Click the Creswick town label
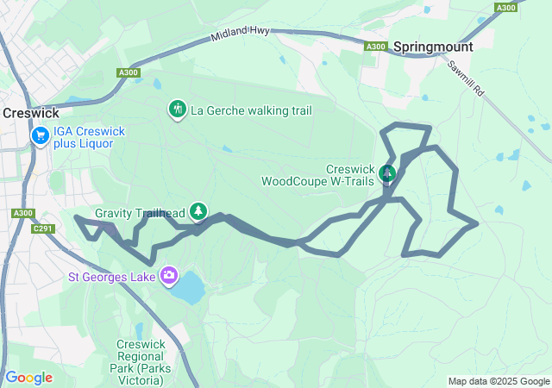coord(31,112)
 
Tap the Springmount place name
coord(435,47)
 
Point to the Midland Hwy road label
coord(241,34)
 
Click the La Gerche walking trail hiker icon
coord(177,110)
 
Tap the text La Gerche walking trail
coord(250,110)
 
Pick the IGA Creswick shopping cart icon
coord(40,136)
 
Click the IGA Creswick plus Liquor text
coord(89,137)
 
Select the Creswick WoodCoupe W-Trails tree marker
coord(387,175)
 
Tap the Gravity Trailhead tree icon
coord(199,210)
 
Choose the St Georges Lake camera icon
coord(169,276)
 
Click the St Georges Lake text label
coord(112,277)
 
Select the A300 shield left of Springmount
coord(375,47)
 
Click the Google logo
coord(28,378)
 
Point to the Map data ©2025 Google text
coord(498,381)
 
